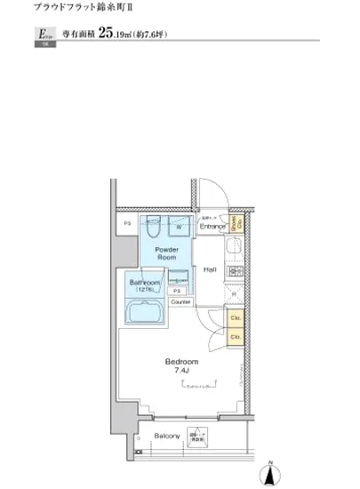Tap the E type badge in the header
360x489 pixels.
click(42, 36)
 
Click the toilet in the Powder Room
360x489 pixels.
click(152, 226)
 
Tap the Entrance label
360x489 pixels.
click(212, 227)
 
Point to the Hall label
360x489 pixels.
click(212, 269)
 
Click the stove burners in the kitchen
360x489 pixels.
click(236, 270)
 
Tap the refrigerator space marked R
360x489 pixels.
click(234, 293)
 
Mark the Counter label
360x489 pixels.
click(180, 302)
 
